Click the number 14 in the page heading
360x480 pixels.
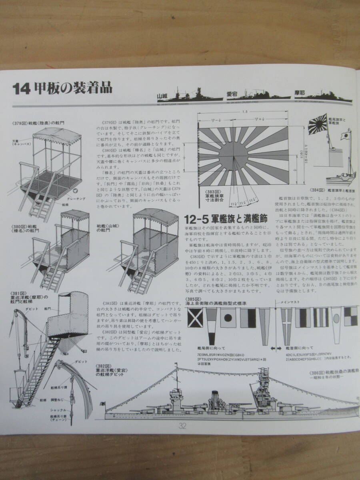pyautogui.click(x=21, y=88)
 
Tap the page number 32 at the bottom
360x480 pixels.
pyautogui.click(x=183, y=426)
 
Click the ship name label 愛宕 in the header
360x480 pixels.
pyautogui.click(x=232, y=94)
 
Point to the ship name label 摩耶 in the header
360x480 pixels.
pyautogui.click(x=299, y=93)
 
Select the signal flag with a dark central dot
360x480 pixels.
pyautogui.click(x=228, y=319)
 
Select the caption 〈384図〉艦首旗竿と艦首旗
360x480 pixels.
pyautogui.click(x=332, y=190)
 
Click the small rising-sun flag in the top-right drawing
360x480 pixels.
pyautogui.click(x=320, y=124)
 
